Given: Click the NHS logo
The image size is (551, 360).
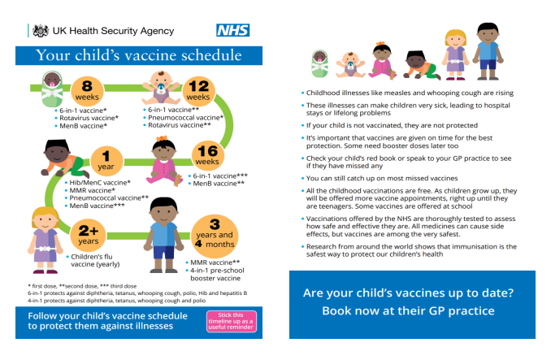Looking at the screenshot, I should (x=227, y=31).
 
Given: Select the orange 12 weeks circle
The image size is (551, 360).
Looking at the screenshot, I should (x=199, y=91).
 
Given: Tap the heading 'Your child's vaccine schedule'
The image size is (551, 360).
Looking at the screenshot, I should (x=138, y=55).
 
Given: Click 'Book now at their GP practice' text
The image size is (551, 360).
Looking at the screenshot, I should (x=408, y=310).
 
